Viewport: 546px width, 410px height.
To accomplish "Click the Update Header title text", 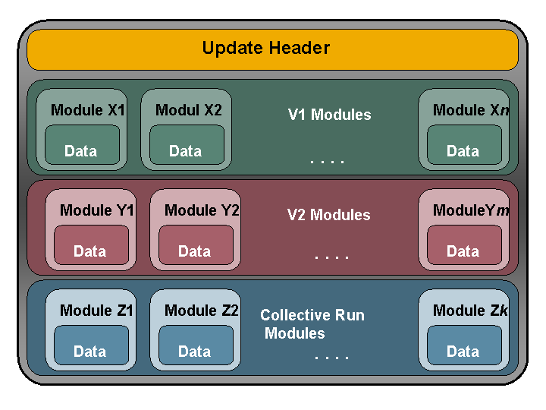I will (x=266, y=49).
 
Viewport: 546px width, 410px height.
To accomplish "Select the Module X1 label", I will (x=88, y=110).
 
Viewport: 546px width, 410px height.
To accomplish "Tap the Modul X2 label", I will (x=189, y=110).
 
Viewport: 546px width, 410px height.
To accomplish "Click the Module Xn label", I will (x=471, y=110).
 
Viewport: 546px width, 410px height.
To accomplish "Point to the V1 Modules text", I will (x=329, y=115).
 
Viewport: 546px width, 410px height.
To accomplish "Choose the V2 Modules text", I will (x=328, y=215).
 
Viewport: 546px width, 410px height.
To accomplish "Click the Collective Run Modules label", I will (x=312, y=324).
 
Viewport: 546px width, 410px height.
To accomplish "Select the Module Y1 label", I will (x=97, y=210).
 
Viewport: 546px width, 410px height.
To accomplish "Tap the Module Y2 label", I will (x=202, y=210).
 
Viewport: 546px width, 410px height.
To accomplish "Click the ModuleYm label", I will (x=471, y=210).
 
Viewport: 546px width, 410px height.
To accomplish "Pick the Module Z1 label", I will (x=97, y=311).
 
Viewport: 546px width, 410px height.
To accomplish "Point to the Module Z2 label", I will (x=202, y=311).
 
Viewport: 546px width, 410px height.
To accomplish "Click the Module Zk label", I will (x=471, y=311).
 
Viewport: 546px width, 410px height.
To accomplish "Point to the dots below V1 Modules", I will (x=328, y=161).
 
